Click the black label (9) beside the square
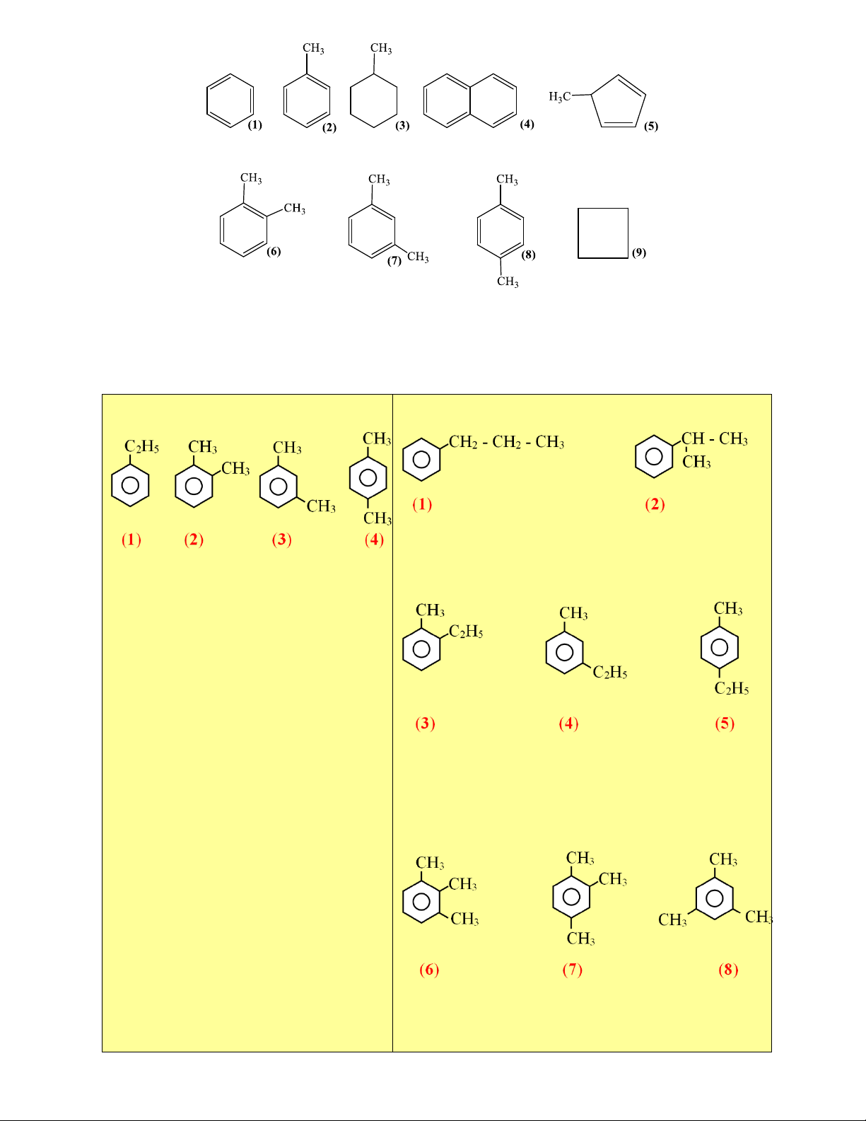pyautogui.click(x=638, y=252)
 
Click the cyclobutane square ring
pyautogui.click(x=578, y=233)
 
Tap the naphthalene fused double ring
pyautogui.click(x=469, y=100)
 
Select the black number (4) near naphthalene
pyautogui.click(x=527, y=124)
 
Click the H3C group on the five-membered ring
pyautogui.click(x=560, y=96)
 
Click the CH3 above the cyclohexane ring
pyautogui.click(x=381, y=49)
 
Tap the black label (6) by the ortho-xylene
pyautogui.click(x=274, y=251)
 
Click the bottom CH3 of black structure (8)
pyautogui.click(x=508, y=281)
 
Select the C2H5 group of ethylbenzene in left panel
pyautogui.click(x=142, y=447)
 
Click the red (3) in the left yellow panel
pyautogui.click(x=282, y=540)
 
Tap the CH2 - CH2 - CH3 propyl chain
pyautogui.click(x=507, y=442)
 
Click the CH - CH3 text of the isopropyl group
pyautogui.click(x=715, y=439)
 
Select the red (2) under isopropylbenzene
pyautogui.click(x=655, y=504)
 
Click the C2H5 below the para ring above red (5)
pyautogui.click(x=732, y=688)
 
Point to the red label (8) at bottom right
pyautogui.click(x=728, y=970)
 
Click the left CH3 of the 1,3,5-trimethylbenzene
pyautogui.click(x=673, y=920)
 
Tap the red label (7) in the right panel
pyautogui.click(x=573, y=970)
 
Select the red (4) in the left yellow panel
pyautogui.click(x=374, y=540)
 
